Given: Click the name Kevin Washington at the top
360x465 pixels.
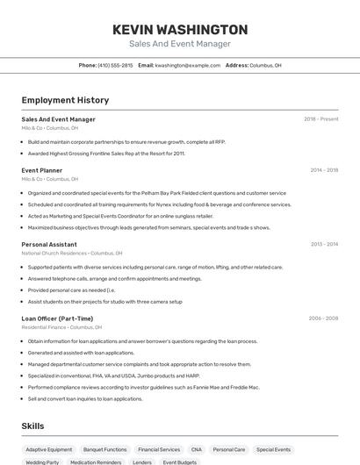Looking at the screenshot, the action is point(180,30).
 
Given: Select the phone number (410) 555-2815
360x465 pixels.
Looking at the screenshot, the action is point(115,65).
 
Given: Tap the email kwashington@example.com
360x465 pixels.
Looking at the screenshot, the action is point(188,65).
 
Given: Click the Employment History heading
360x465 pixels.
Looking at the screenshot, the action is point(65,101).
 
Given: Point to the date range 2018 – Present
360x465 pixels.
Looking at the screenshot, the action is point(320,119).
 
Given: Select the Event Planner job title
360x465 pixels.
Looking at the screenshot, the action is point(42,170).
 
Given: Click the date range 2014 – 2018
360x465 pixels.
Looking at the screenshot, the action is point(323,170).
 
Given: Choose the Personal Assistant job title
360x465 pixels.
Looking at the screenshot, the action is point(49,245).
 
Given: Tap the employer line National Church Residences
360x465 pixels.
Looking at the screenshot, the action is point(66,253).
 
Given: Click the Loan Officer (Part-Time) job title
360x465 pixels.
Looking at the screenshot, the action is point(57,318).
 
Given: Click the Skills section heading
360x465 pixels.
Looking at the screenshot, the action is point(33,426).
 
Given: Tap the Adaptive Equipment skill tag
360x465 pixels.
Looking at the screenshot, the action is point(49,449).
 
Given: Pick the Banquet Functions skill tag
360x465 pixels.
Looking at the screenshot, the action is point(104,449).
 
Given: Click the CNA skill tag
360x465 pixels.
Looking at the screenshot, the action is point(196,449).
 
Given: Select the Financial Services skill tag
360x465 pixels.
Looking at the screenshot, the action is point(159,449).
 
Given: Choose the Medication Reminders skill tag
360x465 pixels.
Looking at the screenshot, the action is point(96,461).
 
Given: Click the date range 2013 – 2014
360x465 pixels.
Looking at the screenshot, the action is point(324,245).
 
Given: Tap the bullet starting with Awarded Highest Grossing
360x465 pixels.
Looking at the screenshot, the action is point(106,154).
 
